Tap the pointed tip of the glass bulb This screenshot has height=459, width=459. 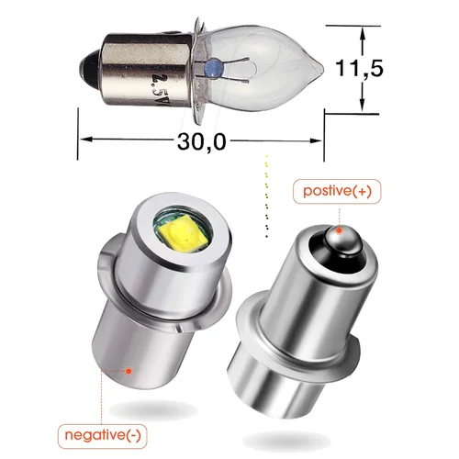pos(321,67)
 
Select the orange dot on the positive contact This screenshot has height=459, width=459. pos(338,229)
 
